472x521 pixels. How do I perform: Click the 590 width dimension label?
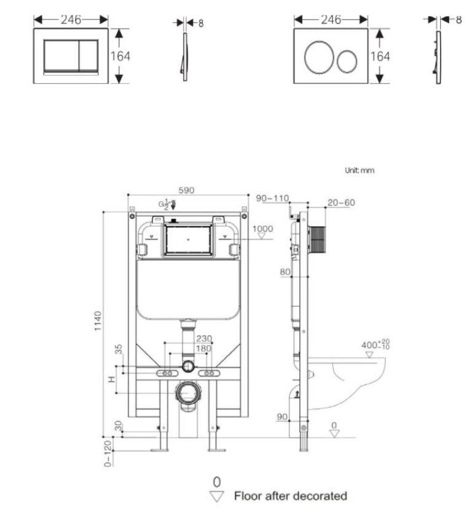[x=186, y=190]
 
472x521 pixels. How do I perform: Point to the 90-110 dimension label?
[x=272, y=198]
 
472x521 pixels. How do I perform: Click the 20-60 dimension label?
[x=341, y=202]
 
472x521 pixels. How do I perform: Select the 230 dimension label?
[x=204, y=338]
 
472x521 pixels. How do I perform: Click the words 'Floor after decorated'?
[x=290, y=495]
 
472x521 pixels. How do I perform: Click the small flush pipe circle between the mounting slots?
[x=188, y=368]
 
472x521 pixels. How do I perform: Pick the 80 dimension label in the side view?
[x=285, y=271]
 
